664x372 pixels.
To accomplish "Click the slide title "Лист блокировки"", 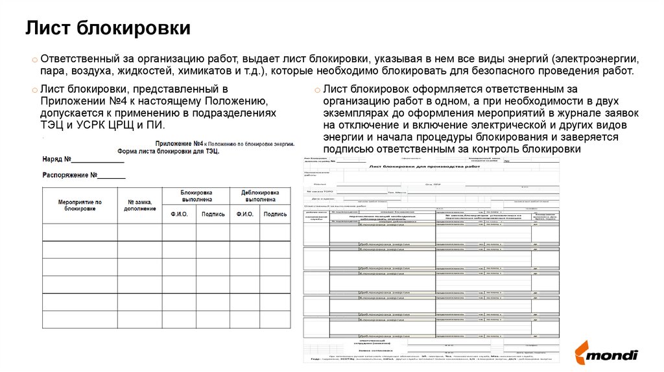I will pos(108,29).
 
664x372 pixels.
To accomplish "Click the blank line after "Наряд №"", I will pos(97,159).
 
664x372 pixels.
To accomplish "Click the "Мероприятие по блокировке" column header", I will pos(80,205).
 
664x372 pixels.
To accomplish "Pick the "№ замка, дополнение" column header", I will pos(139,205).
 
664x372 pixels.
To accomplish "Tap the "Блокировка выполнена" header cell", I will pos(196,196).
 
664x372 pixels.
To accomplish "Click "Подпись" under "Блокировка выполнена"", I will pos(213,214).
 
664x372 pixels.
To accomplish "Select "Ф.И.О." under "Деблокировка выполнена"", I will pos(244,214).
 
